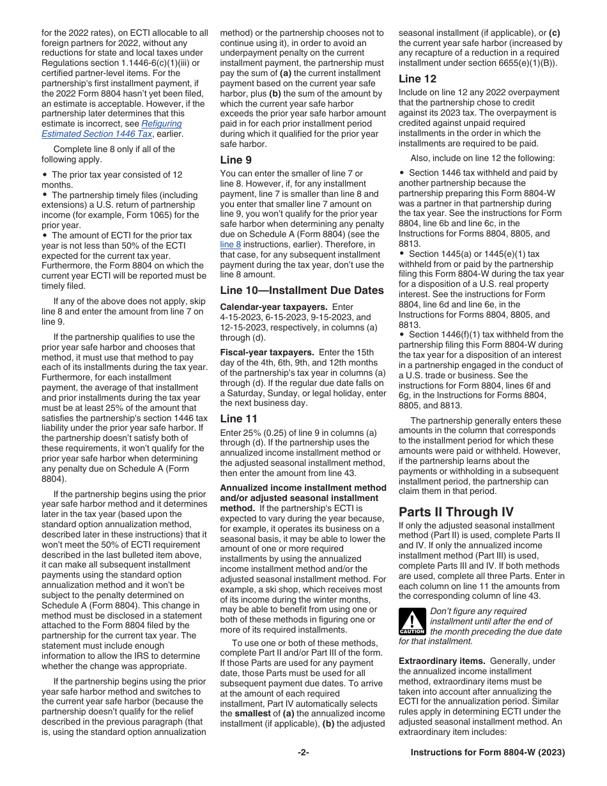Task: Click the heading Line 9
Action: point(236,160)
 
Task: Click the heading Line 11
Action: point(238,419)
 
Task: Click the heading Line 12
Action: point(417,79)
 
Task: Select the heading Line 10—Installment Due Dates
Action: point(302,290)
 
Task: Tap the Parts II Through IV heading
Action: point(447,512)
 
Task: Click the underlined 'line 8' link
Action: point(230,244)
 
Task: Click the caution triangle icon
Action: point(411,621)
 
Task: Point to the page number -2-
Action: point(303,753)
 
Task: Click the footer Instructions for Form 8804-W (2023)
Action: point(488,753)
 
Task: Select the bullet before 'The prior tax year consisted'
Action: point(44,174)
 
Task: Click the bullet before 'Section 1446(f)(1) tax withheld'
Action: point(402,334)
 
